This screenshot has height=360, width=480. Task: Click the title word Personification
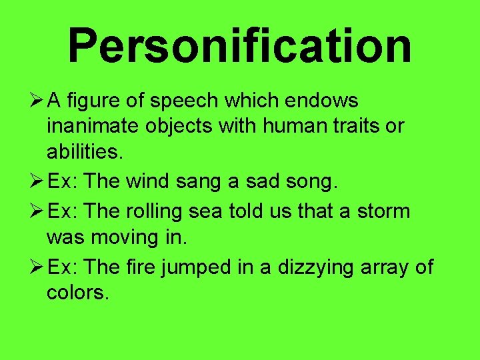(239, 45)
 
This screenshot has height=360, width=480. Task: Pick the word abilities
(85, 151)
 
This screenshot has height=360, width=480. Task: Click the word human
(292, 126)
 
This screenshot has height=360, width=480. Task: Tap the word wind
(150, 181)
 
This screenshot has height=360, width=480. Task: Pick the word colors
(77, 292)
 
